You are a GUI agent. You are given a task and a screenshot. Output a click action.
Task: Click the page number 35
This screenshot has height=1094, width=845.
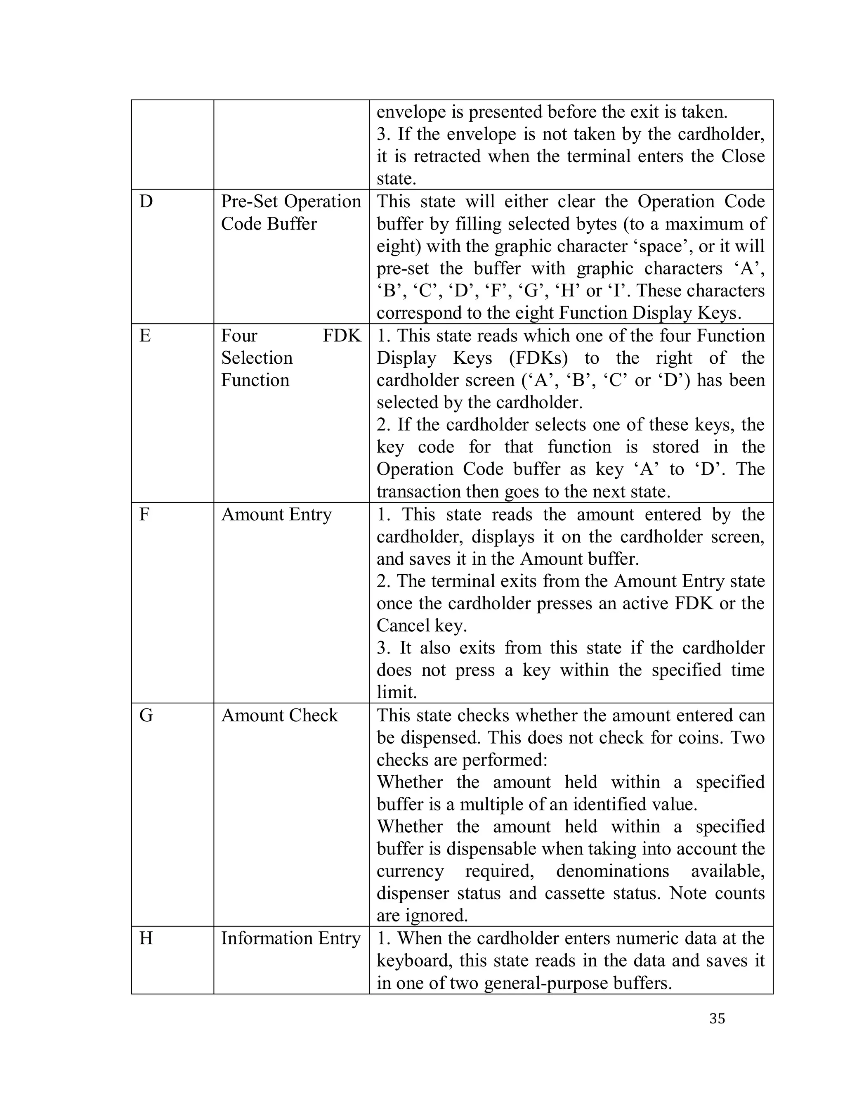[717, 1018]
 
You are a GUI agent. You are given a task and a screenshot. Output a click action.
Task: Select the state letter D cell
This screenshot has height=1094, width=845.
[146, 201]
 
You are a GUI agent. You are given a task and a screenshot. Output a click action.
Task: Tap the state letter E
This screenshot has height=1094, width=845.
[145, 335]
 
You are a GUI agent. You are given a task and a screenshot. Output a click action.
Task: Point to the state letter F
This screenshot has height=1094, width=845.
[144, 514]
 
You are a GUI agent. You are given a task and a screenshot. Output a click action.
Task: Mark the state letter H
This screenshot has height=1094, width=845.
[146, 938]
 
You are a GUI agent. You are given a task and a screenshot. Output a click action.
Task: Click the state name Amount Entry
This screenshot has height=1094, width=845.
[276, 514]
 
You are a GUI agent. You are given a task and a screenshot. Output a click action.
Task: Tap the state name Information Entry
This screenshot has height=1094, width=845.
[291, 938]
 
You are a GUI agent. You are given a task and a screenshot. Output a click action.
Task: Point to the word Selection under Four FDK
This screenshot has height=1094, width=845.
[257, 358]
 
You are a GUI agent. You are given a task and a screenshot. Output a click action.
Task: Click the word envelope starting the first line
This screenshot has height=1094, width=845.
[411, 112]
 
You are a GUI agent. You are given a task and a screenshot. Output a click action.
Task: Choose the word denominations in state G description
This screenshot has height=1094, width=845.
[612, 871]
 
